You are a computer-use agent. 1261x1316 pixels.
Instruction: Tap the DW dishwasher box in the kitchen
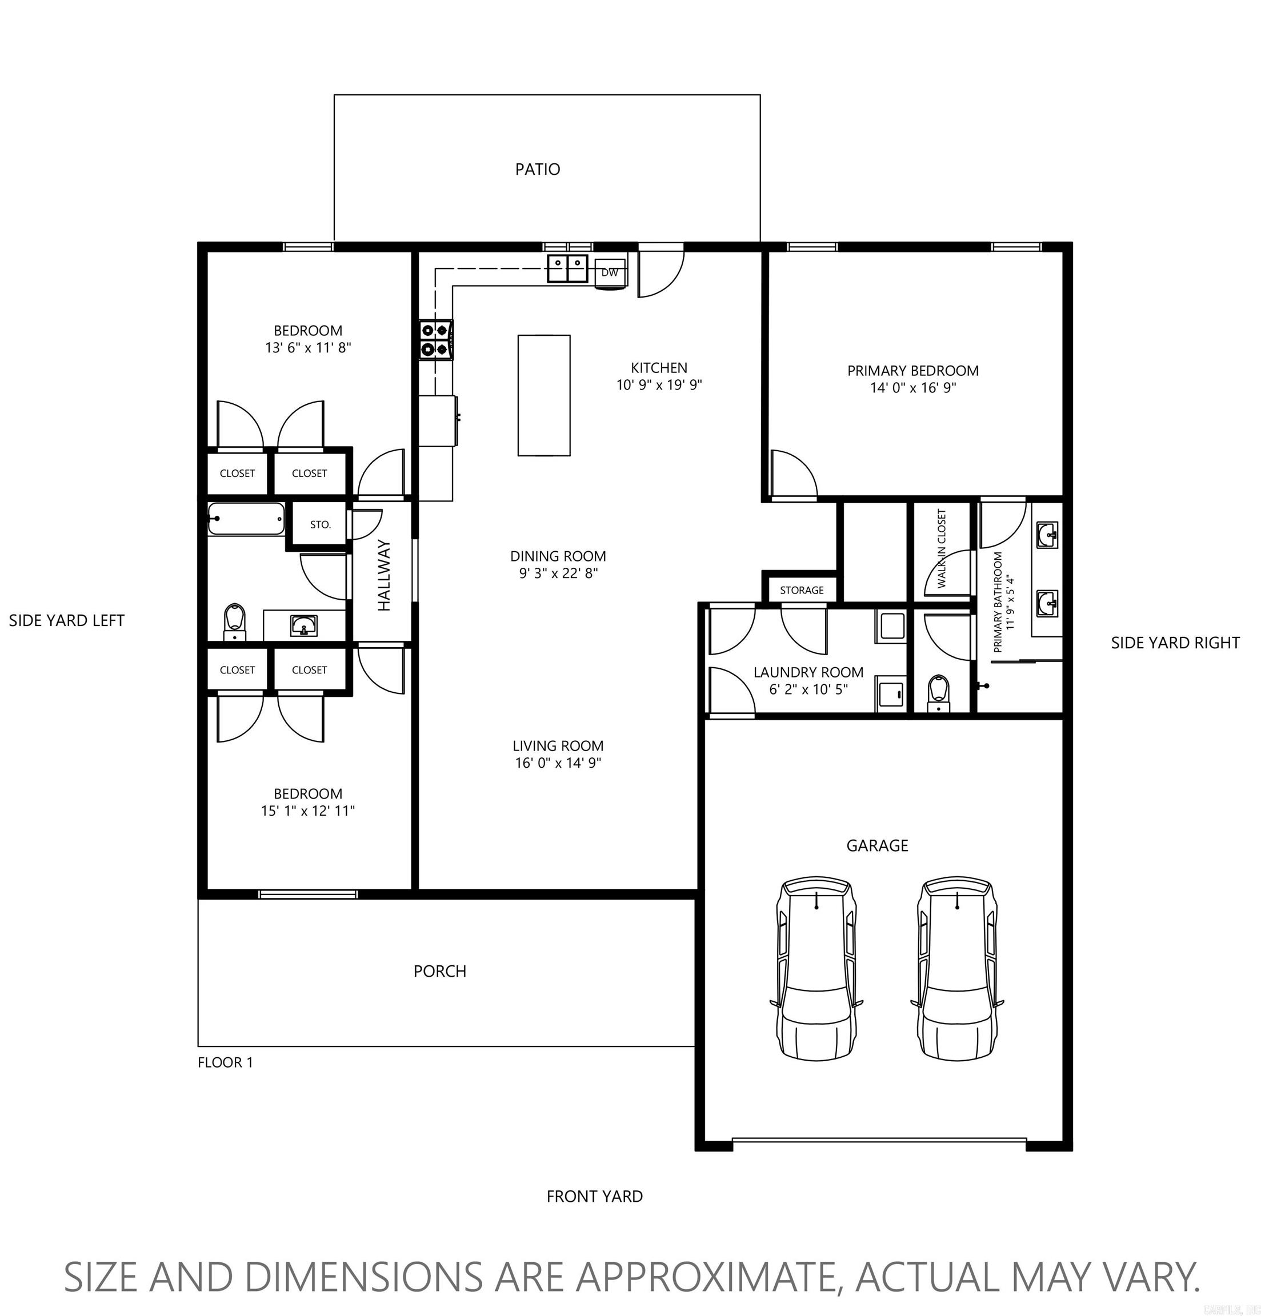point(609,272)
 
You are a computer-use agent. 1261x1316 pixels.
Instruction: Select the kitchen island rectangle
point(543,395)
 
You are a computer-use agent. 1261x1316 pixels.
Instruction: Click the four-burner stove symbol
point(435,340)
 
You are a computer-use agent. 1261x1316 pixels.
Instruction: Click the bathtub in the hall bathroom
point(245,519)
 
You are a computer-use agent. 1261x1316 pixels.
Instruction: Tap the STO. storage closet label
point(321,524)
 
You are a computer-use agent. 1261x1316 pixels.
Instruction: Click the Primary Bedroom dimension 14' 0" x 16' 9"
point(912,388)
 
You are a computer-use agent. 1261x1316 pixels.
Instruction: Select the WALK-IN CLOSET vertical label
point(941,548)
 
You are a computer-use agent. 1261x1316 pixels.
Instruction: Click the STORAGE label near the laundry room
point(802,590)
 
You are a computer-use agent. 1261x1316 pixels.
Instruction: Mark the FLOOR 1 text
point(225,1062)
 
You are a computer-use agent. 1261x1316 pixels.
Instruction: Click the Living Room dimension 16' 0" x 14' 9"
point(558,763)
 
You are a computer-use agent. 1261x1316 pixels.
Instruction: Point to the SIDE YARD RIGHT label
point(1174,643)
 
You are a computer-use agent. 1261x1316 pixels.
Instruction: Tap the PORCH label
point(439,971)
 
